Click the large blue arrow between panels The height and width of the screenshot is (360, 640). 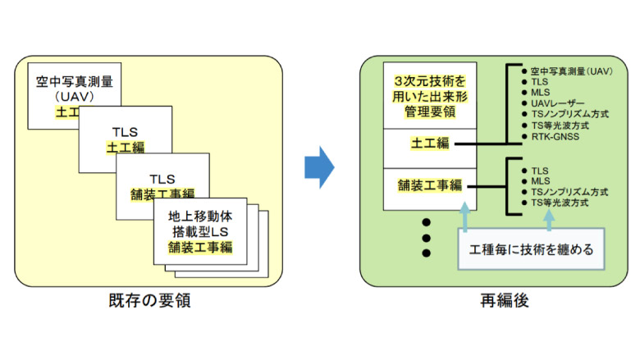[320, 169]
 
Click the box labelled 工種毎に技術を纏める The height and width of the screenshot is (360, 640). [529, 248]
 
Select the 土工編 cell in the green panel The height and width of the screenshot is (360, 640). [429, 144]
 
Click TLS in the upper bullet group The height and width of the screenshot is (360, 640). [539, 82]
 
